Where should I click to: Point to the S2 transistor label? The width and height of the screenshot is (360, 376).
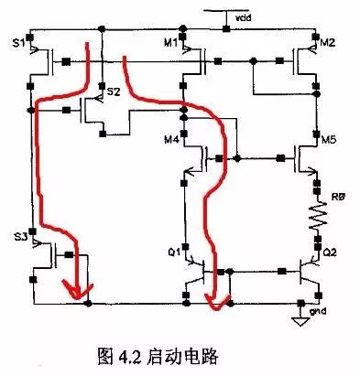pos(114,92)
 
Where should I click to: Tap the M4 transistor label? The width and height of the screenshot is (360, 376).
pos(171,140)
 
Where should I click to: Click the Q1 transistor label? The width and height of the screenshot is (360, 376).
pos(174,249)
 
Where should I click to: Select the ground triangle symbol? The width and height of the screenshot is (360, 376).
pos(299,320)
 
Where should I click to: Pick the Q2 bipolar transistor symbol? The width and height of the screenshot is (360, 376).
pos(307,272)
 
